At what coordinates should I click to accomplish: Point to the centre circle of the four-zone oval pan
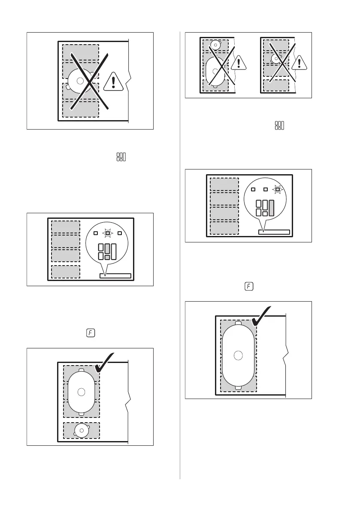pos(239,355)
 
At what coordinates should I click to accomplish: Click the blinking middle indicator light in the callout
pos(108,233)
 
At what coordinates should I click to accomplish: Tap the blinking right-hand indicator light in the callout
pos(278,189)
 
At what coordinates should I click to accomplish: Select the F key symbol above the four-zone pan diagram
pos(248,286)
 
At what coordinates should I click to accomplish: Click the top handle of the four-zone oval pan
pos(239,323)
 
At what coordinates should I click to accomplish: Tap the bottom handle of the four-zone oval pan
pos(239,387)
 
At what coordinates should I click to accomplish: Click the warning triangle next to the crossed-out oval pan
pos(238,63)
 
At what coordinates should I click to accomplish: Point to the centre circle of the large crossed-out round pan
pos(80,81)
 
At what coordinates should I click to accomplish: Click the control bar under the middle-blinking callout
pos(115,275)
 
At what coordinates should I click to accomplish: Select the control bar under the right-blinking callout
pos(274,232)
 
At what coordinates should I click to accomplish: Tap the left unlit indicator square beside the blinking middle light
pos(96,233)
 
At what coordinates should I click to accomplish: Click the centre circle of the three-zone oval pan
pos(81,391)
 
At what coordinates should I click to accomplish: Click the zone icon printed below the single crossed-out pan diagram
pos(120,157)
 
